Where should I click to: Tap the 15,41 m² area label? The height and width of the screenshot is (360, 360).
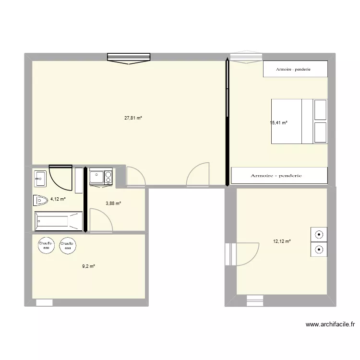[279, 123]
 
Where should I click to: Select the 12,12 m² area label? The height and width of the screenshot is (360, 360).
[282, 241]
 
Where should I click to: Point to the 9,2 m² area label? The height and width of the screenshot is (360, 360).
[89, 266]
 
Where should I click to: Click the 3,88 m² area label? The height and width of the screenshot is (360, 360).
[113, 204]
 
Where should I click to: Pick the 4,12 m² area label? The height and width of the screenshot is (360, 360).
[58, 199]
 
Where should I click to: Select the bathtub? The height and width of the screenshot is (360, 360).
[58, 221]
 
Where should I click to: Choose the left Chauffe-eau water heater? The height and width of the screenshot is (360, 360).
[46, 245]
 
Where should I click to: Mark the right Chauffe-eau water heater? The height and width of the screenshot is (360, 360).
[67, 245]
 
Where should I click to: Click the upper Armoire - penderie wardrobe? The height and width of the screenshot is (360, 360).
[295, 69]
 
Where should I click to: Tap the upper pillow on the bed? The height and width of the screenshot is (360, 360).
[320, 110]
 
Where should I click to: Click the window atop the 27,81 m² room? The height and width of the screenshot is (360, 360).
[129, 58]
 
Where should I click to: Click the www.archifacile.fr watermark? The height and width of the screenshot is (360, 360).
[330, 324]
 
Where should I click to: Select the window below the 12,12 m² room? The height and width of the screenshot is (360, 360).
[255, 301]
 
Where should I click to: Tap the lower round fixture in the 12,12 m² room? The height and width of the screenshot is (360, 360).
[319, 249]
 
